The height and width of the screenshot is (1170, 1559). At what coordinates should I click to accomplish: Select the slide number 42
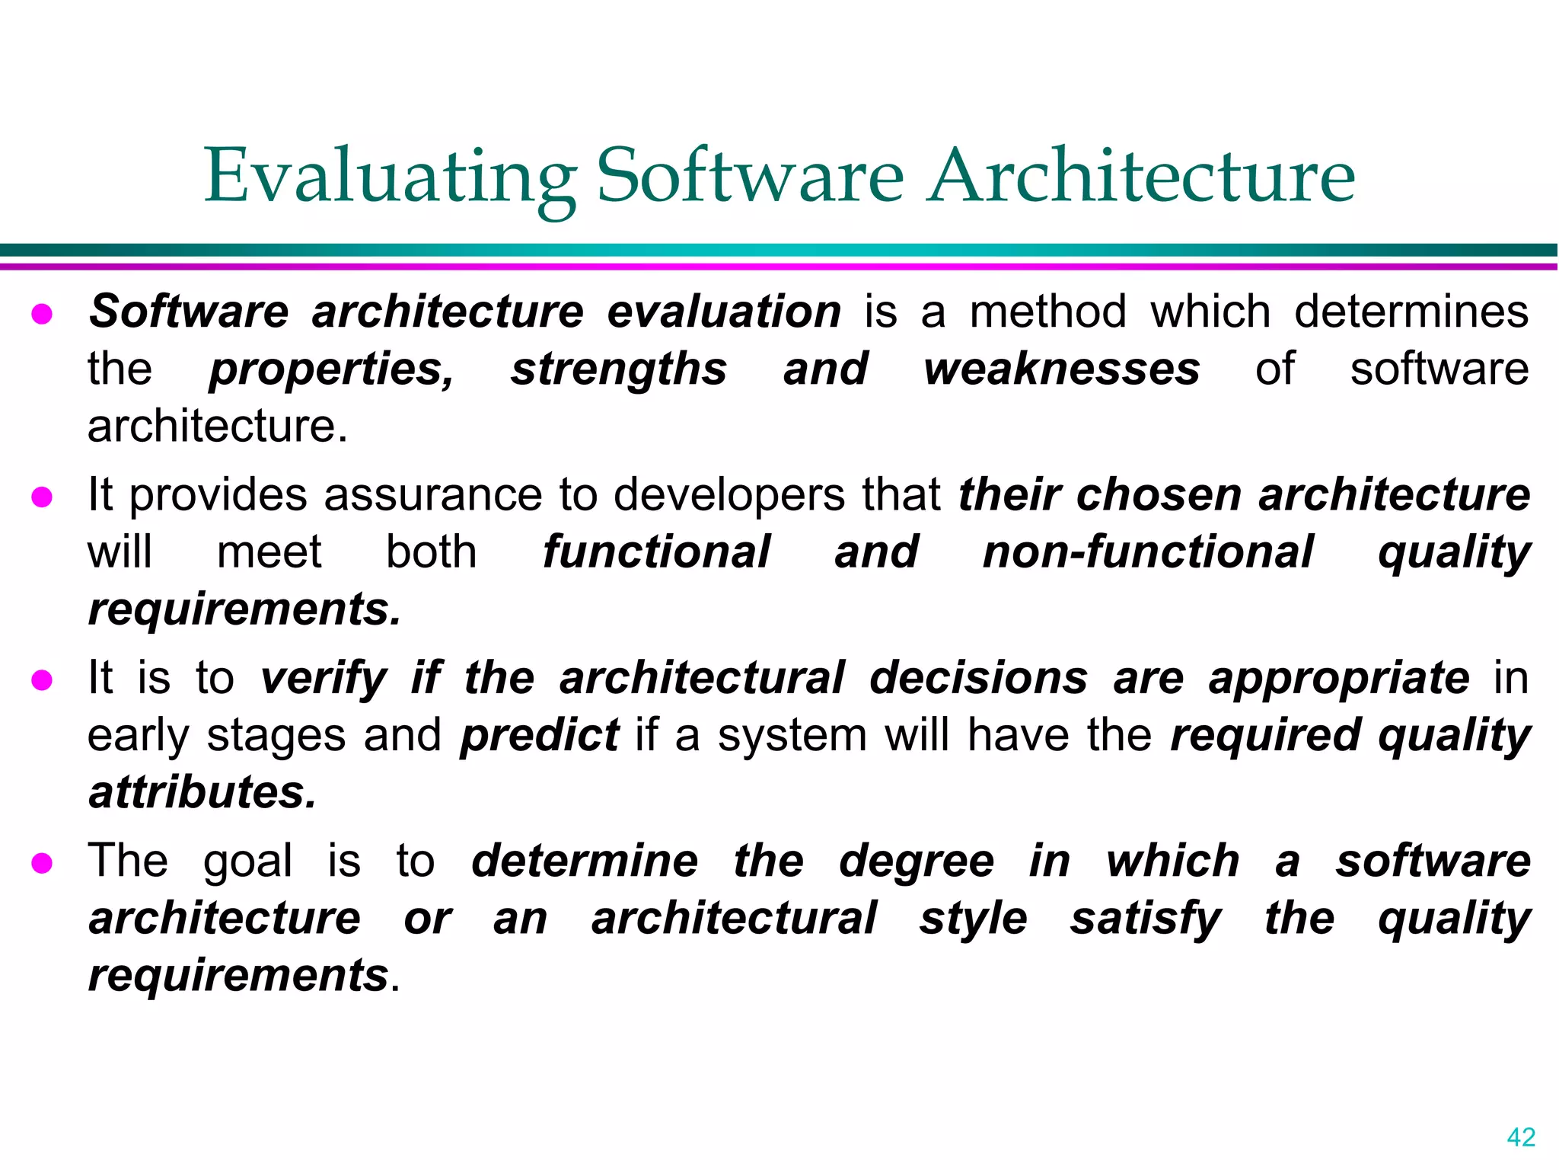click(1521, 1137)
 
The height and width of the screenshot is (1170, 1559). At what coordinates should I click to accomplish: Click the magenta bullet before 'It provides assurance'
click(42, 497)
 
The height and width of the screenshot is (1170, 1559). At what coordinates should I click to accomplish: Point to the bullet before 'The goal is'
click(42, 863)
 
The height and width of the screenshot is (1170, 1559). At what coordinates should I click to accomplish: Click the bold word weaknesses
click(1062, 369)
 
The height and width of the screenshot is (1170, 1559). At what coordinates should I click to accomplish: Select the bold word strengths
click(618, 369)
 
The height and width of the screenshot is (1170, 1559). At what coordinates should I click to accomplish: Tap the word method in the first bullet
click(1047, 312)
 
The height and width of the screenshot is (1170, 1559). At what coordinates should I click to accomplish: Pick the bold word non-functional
click(1148, 552)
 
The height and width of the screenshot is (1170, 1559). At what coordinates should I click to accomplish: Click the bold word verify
click(324, 678)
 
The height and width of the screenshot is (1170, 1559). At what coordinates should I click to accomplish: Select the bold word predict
click(540, 736)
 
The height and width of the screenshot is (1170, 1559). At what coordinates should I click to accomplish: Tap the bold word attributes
click(202, 792)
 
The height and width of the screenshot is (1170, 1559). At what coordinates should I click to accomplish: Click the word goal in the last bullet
click(247, 862)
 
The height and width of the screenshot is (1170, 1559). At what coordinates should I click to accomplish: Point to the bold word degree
click(917, 862)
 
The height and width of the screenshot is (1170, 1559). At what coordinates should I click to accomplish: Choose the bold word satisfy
click(1146, 919)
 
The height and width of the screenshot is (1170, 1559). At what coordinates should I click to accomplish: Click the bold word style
click(974, 919)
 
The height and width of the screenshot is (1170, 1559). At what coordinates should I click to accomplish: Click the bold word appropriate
click(1338, 678)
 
